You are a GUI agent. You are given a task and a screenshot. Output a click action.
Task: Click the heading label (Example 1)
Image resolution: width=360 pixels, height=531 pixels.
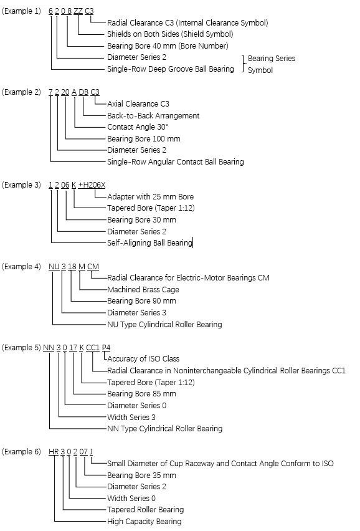click(x=21, y=11)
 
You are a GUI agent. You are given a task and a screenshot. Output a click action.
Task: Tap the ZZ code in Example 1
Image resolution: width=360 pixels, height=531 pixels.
click(x=78, y=11)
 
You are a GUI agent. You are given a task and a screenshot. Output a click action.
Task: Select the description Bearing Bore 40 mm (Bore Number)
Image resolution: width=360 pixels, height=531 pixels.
click(x=168, y=45)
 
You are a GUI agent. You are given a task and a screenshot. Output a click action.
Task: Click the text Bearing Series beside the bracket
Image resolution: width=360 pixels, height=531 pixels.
click(x=272, y=58)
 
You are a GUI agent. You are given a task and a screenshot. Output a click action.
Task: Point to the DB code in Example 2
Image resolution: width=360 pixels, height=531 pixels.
click(x=83, y=92)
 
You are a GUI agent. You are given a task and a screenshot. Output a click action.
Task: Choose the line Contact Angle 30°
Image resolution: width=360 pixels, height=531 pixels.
click(x=138, y=127)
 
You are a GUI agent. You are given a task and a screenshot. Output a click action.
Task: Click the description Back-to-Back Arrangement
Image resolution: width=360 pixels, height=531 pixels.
click(x=153, y=116)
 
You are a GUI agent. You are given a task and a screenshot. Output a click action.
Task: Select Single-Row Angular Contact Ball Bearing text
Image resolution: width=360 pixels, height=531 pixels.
click(x=176, y=162)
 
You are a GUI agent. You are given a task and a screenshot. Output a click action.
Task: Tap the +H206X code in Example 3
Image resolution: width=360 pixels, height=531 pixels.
click(x=92, y=185)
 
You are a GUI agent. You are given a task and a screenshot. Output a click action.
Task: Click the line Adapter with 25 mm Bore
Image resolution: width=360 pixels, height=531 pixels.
click(x=151, y=197)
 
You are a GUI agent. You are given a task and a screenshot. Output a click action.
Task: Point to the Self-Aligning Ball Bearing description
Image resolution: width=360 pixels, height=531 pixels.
click(x=149, y=243)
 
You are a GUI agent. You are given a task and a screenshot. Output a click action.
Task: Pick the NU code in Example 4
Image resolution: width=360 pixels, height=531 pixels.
click(x=54, y=267)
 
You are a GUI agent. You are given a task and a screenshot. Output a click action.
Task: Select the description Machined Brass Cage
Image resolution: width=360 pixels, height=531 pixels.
click(x=143, y=290)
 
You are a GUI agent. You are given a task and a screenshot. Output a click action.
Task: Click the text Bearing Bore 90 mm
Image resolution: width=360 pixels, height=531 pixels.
click(x=141, y=301)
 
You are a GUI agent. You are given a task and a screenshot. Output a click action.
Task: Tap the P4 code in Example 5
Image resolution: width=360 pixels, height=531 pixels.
click(x=106, y=348)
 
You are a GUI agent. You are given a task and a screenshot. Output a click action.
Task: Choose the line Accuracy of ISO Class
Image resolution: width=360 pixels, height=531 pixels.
click(x=143, y=358)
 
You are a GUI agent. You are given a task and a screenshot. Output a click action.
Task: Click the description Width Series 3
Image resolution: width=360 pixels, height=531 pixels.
click(x=131, y=417)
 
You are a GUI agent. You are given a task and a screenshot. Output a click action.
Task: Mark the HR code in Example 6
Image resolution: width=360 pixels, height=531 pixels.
click(x=54, y=452)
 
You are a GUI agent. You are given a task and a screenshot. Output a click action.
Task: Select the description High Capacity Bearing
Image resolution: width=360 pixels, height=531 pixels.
click(x=144, y=522)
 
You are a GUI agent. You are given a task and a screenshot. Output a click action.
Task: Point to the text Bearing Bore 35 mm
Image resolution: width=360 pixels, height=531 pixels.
click(x=141, y=476)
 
